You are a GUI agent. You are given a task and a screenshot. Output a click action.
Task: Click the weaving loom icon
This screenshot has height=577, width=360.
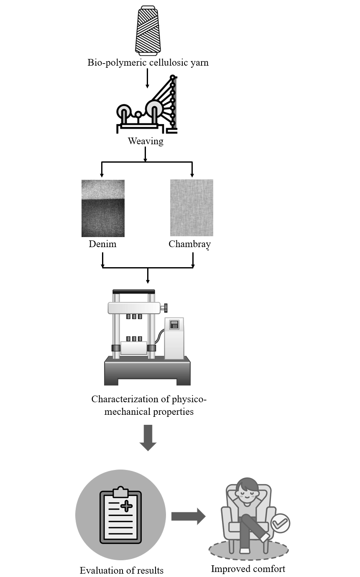coord(147,105)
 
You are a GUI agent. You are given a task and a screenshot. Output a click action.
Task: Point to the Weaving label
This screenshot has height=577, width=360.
coord(146,141)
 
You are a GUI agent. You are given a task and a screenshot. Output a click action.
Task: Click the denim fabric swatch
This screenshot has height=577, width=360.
coord(103,208)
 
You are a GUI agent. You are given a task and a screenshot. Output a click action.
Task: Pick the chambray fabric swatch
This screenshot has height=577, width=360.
coord(191,208)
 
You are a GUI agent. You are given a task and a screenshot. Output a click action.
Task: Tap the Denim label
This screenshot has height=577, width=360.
coord(102,244)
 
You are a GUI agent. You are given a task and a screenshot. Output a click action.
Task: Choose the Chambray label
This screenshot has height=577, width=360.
coord(189,244)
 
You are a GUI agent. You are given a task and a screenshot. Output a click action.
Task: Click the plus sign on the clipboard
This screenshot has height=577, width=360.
coord(126,506)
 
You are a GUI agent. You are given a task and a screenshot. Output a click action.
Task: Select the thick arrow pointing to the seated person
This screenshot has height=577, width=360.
coord(188,516)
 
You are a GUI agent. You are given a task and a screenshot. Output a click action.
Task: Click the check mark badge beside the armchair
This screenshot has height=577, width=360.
coord(280,523)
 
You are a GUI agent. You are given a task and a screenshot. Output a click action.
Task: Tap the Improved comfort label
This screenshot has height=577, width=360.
coord(248,569)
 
